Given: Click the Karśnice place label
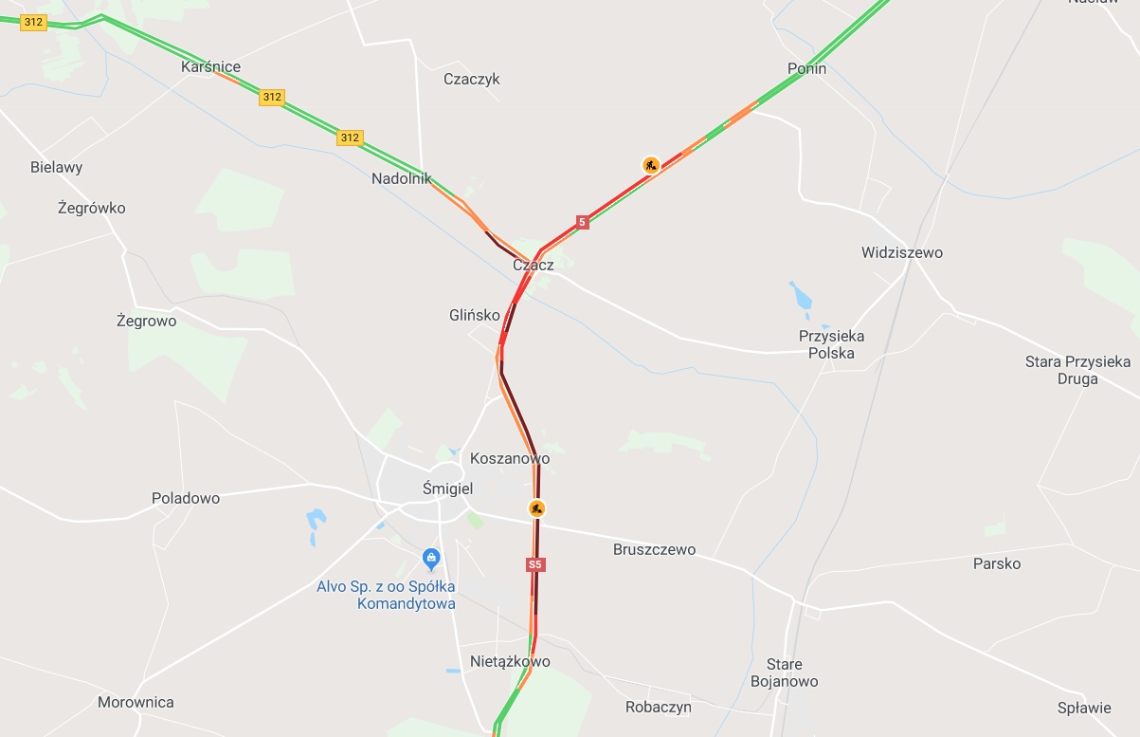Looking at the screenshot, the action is [x=210, y=67].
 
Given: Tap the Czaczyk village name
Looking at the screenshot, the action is [x=471, y=80].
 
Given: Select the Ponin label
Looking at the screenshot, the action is [x=806, y=69].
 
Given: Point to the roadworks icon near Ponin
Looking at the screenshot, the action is [x=650, y=165].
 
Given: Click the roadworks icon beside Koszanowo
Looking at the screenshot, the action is [x=536, y=508].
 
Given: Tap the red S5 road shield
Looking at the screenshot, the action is [x=535, y=564].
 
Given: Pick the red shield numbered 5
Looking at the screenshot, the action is [x=582, y=222].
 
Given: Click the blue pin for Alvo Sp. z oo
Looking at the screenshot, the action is [x=431, y=557].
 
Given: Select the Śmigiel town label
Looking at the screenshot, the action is [x=447, y=488].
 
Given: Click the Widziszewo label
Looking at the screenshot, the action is [x=901, y=253].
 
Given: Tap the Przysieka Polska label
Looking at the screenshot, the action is [x=831, y=345].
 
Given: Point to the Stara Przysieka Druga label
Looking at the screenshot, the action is [x=1077, y=370].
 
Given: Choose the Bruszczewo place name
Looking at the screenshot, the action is [x=654, y=550].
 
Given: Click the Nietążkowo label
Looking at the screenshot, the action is [x=510, y=662].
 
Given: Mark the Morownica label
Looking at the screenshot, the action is [x=136, y=703].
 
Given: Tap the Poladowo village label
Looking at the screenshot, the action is [x=186, y=498].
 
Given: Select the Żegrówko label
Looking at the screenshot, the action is [x=91, y=209].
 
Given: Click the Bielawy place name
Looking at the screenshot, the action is [x=56, y=168].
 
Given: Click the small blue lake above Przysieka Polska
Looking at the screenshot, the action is [x=801, y=297].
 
